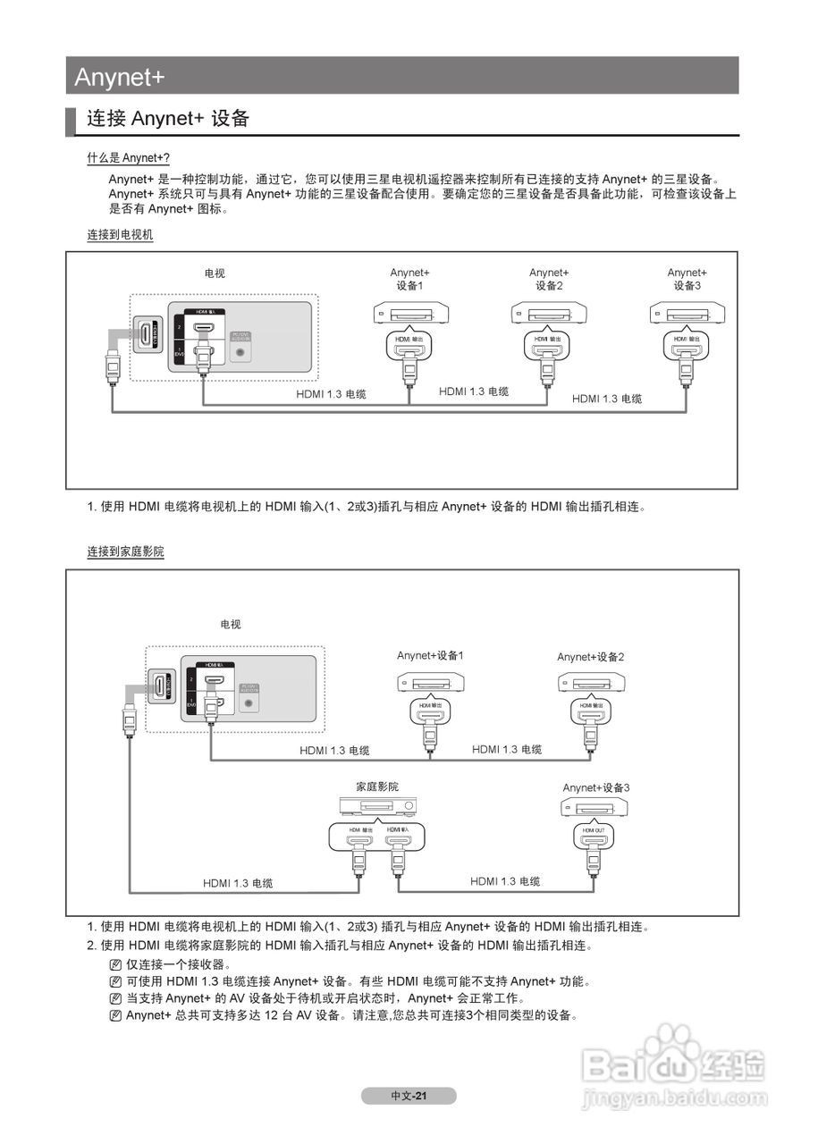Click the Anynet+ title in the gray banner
(x=120, y=77)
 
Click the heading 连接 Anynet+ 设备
(x=167, y=119)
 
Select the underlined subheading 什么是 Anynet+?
(x=128, y=158)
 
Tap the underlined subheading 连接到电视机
(x=120, y=235)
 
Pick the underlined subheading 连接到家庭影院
(x=125, y=552)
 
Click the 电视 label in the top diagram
(x=215, y=273)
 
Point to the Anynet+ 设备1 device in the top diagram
(x=410, y=314)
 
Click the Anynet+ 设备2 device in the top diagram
(x=548, y=314)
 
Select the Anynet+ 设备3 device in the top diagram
(x=687, y=314)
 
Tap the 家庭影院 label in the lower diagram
(x=377, y=786)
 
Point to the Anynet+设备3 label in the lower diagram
(x=596, y=788)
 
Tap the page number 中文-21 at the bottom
(x=409, y=1096)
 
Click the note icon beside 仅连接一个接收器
(x=114, y=965)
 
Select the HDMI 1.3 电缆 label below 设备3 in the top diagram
(x=607, y=399)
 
